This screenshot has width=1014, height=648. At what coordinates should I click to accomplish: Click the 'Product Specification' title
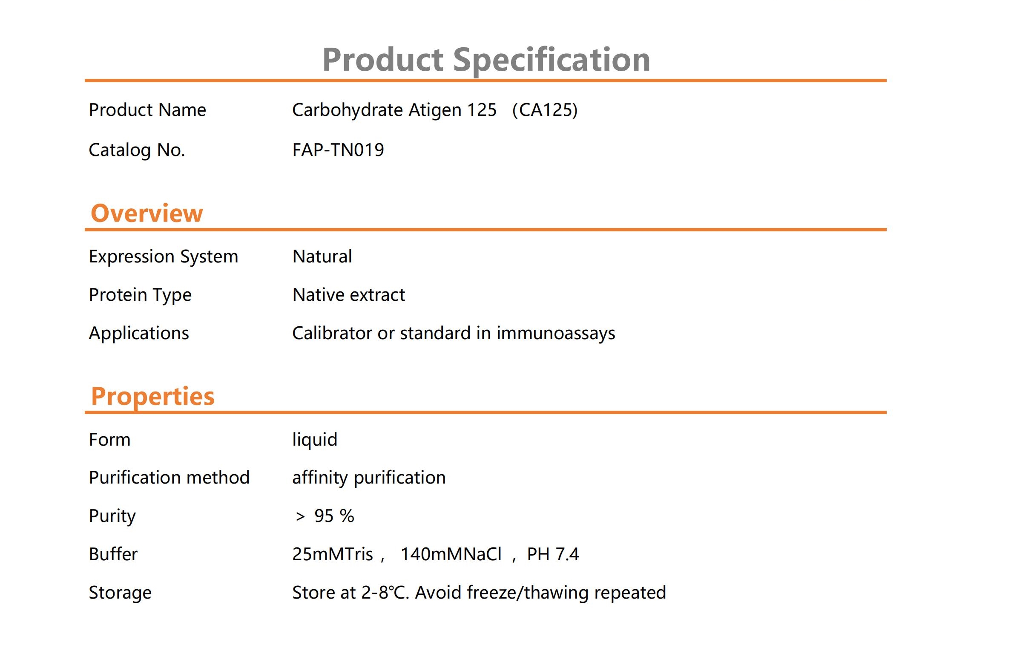pyautogui.click(x=486, y=60)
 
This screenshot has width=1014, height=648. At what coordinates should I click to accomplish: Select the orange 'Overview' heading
pyautogui.click(x=147, y=213)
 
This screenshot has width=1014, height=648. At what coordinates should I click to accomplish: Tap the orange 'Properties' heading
pyautogui.click(x=153, y=397)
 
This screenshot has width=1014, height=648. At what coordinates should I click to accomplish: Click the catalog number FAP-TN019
pyautogui.click(x=338, y=150)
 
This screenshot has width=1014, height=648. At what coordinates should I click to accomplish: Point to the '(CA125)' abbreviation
pyautogui.click(x=545, y=110)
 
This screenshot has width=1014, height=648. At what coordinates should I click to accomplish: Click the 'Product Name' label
pyautogui.click(x=147, y=110)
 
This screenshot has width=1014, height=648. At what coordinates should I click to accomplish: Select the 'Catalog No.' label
pyautogui.click(x=137, y=150)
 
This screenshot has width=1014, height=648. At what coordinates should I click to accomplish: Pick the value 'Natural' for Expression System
pyautogui.click(x=322, y=256)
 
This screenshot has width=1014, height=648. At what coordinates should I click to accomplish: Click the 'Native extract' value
pyautogui.click(x=349, y=295)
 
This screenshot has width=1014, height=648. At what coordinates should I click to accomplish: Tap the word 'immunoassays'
pyautogui.click(x=556, y=333)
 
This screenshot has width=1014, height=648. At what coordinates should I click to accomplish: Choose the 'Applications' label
pyautogui.click(x=139, y=334)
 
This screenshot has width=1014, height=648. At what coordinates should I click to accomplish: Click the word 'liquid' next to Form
pyautogui.click(x=315, y=440)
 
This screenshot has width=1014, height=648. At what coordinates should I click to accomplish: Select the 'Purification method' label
pyautogui.click(x=169, y=478)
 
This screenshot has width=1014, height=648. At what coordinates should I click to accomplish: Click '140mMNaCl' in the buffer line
pyautogui.click(x=451, y=554)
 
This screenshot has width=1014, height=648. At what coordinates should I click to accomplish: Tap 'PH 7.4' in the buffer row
pyautogui.click(x=553, y=554)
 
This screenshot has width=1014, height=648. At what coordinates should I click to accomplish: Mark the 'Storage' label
pyautogui.click(x=120, y=593)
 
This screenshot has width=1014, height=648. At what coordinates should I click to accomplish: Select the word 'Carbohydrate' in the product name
pyautogui.click(x=348, y=110)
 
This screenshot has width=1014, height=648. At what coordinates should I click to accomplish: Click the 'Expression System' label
pyautogui.click(x=164, y=257)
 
